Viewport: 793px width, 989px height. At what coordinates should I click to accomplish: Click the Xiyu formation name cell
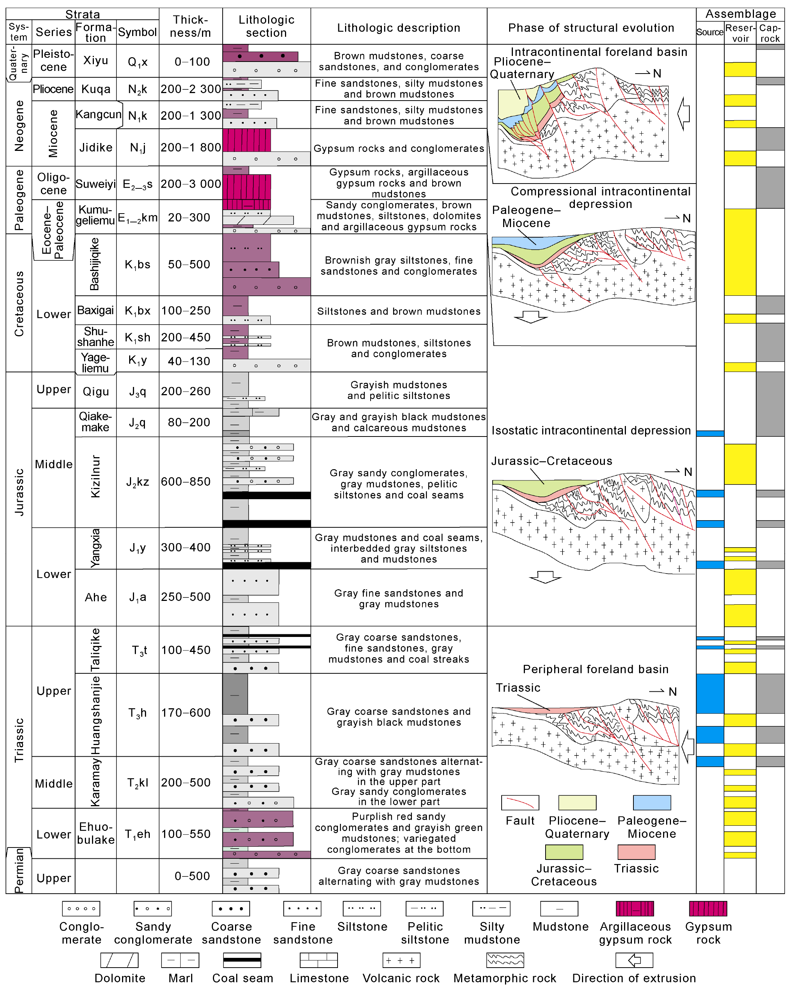[x=95, y=60]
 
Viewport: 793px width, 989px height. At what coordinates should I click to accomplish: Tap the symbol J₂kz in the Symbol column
[x=138, y=482]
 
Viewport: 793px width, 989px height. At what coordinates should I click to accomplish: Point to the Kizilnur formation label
[x=95, y=476]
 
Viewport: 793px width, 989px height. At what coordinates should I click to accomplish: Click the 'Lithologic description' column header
[x=398, y=28]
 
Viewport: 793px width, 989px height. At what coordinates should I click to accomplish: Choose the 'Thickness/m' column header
[x=190, y=26]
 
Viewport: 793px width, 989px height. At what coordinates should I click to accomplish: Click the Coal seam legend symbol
[x=242, y=960]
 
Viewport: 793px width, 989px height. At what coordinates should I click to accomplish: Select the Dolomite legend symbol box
[x=119, y=960]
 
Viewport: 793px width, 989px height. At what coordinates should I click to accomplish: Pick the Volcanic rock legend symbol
[x=401, y=960]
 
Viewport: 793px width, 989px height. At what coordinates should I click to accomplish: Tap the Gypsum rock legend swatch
[x=708, y=908]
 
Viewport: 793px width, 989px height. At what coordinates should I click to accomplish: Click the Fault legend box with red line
[x=520, y=803]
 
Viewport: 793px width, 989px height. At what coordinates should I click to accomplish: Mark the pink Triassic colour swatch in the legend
[x=636, y=852]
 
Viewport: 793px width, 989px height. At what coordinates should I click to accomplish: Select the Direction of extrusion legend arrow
[x=634, y=960]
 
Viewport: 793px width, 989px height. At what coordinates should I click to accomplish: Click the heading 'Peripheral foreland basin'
[x=595, y=669]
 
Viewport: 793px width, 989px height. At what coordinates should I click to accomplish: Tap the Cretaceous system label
[x=19, y=303]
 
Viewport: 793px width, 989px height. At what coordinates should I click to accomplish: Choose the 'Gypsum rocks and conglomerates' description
[x=398, y=149]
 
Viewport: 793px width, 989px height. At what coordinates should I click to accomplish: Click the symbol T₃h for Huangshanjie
[x=138, y=713]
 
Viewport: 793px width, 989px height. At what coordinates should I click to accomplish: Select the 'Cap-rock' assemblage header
[x=770, y=33]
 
